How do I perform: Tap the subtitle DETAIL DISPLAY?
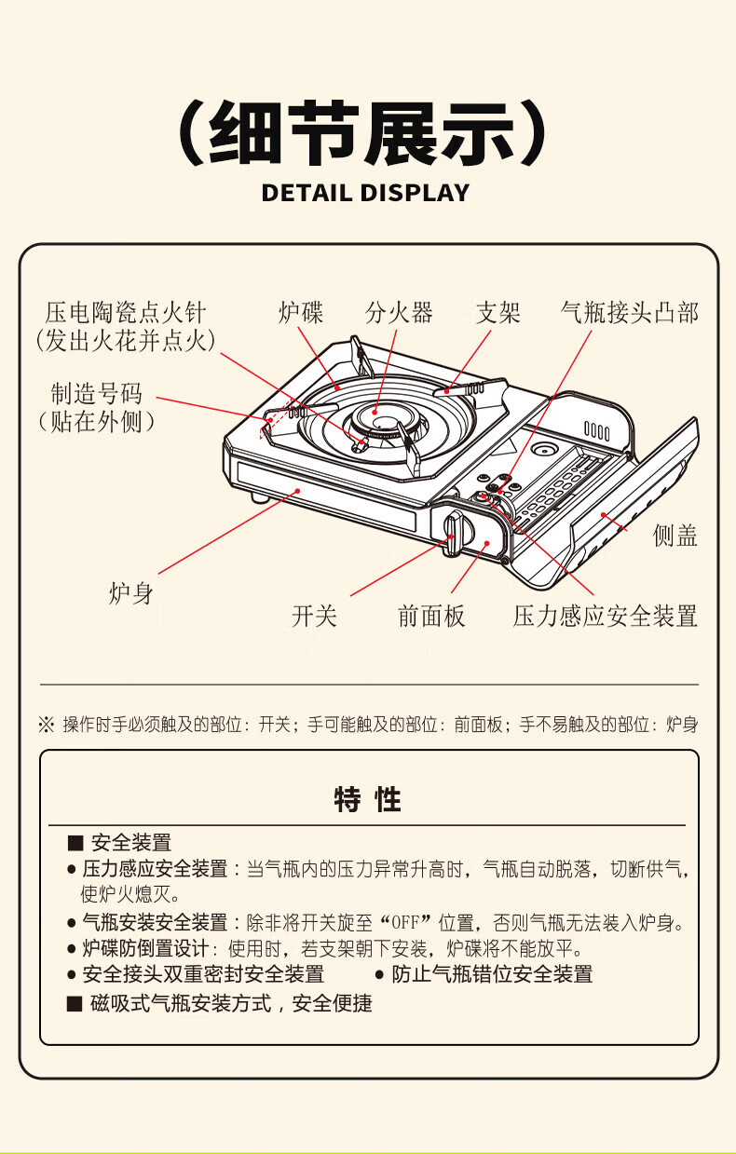click(x=365, y=194)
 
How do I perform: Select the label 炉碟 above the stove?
click(x=301, y=313)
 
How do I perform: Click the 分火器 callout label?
click(x=399, y=313)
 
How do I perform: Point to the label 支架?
click(x=498, y=313)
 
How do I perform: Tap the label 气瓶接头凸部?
click(x=630, y=313)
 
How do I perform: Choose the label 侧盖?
click(x=675, y=536)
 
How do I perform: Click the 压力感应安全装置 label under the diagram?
click(x=605, y=617)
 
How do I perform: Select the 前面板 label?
click(x=431, y=617)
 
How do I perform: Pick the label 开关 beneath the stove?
click(x=314, y=617)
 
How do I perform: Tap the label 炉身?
click(x=130, y=593)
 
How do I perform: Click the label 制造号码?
click(x=97, y=394)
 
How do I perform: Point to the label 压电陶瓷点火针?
click(x=126, y=313)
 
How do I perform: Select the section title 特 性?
click(x=368, y=799)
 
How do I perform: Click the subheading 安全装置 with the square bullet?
click(x=130, y=844)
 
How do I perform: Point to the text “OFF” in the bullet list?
click(x=403, y=924)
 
